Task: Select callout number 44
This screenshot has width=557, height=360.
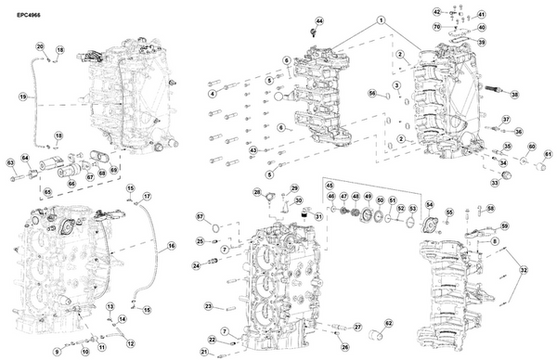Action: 319,20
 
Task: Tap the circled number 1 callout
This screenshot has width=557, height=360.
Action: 381,19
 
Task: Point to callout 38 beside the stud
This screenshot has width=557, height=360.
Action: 515,95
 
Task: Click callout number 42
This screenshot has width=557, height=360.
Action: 437,12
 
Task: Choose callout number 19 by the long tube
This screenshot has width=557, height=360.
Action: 22,96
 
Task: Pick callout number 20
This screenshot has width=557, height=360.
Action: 40,46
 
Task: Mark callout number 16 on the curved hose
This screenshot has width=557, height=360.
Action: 171,247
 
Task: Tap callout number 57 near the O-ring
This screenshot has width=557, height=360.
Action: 199,216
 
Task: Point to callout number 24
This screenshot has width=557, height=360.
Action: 197,265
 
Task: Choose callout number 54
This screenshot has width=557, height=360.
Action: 429,204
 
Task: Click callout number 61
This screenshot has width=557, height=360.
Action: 548,154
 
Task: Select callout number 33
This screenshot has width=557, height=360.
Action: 495,183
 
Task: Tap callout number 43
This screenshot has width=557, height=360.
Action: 253,150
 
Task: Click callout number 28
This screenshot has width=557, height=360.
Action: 257,192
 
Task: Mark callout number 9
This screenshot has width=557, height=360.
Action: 57,352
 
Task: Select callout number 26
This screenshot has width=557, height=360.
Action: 344,347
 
